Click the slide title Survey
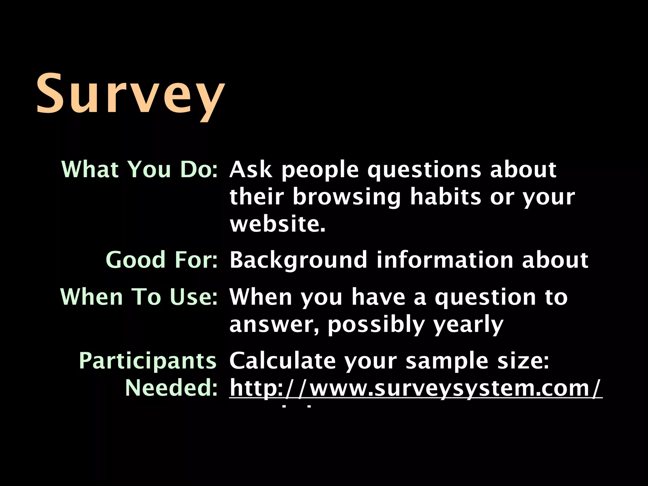(130, 94)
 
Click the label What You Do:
(140, 170)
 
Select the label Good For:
(162, 260)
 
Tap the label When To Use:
(139, 297)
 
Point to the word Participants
(147, 361)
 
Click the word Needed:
(171, 388)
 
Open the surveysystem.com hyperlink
(415, 388)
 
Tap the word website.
(277, 224)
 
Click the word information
(444, 260)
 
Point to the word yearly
(468, 325)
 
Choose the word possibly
(376, 325)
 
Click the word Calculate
(282, 361)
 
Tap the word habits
(445, 197)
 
